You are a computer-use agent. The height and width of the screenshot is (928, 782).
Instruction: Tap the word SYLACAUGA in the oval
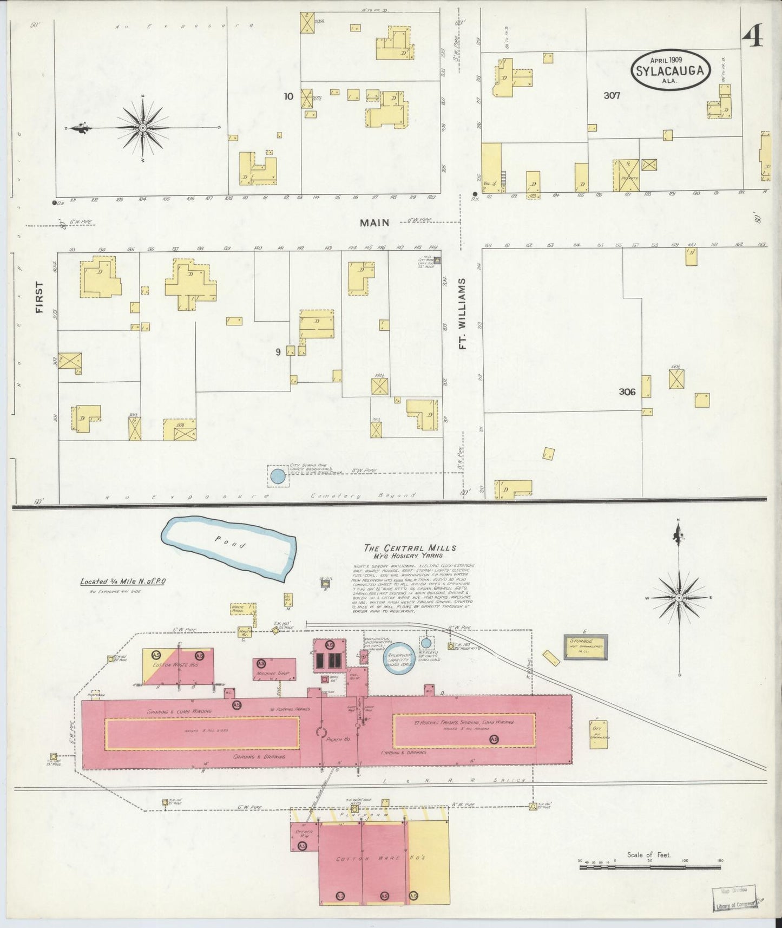(670, 70)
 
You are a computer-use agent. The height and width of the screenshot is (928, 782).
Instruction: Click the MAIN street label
(375, 223)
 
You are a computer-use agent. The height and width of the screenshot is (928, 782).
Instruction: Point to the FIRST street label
(39, 297)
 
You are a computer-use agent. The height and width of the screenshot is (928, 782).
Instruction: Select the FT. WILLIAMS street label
(462, 314)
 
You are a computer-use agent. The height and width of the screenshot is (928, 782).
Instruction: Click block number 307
(612, 95)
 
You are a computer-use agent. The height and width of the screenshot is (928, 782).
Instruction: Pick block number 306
(627, 391)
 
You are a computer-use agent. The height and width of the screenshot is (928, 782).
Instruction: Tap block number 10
(288, 96)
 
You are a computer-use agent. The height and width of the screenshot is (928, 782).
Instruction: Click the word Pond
(230, 542)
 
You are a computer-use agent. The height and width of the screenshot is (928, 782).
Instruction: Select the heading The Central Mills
(410, 548)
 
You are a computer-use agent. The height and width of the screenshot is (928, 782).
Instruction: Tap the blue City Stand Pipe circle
(277, 476)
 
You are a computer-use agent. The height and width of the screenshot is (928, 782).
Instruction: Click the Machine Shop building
(274, 670)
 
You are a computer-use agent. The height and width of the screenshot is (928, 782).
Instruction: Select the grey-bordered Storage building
(586, 646)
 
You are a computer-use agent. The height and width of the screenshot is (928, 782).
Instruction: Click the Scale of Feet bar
(649, 867)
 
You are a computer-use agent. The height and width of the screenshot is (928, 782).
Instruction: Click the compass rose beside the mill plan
(679, 597)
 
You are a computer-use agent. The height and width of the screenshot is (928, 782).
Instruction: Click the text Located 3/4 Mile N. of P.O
(123, 582)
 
